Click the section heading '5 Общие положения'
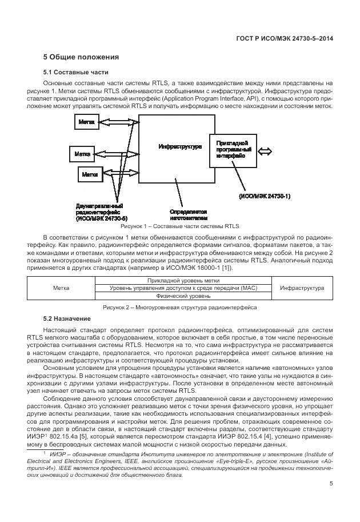(81, 57)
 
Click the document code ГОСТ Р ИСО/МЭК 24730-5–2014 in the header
(284, 38)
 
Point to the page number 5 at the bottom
(331, 483)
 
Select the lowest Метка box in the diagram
(89, 174)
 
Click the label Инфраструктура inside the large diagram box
(179, 147)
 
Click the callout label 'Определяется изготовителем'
(187, 214)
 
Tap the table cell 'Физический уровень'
(183, 296)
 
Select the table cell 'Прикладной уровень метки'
(183, 281)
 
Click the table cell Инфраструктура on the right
(302, 289)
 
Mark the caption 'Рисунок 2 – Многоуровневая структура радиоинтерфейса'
(179, 308)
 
